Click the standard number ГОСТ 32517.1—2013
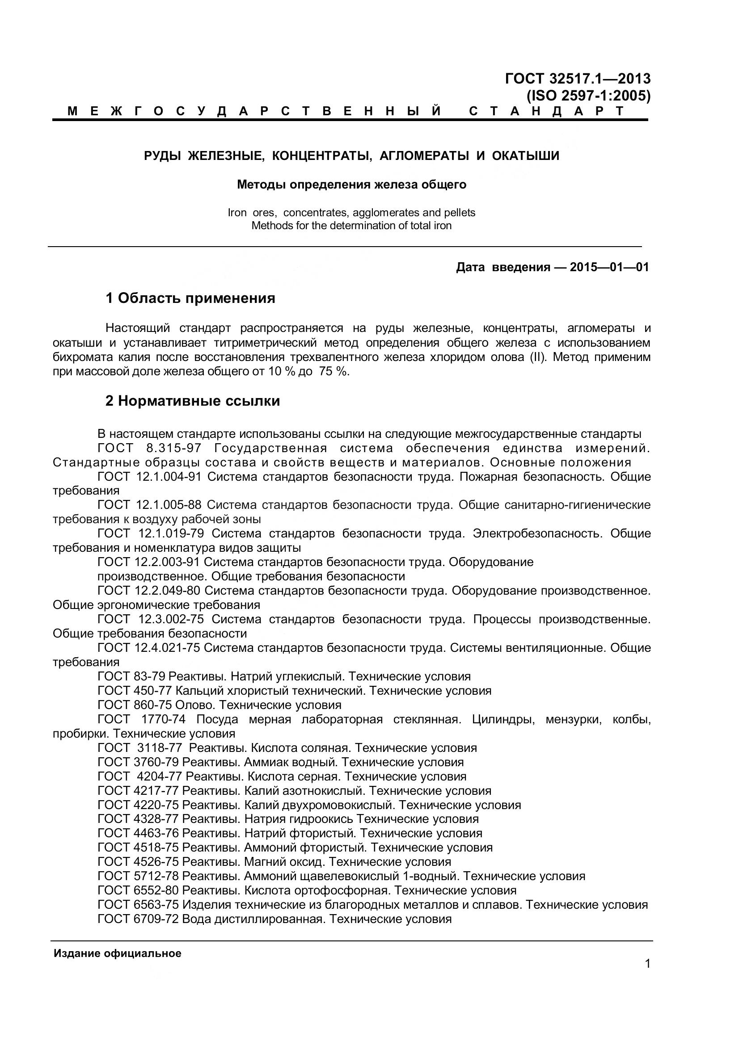click(x=577, y=79)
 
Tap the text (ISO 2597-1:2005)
click(x=588, y=96)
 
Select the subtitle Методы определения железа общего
click(x=351, y=185)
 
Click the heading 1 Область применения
click(x=190, y=298)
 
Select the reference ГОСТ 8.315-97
click(x=149, y=448)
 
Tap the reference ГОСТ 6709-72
click(x=138, y=919)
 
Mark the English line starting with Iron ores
click(x=351, y=213)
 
